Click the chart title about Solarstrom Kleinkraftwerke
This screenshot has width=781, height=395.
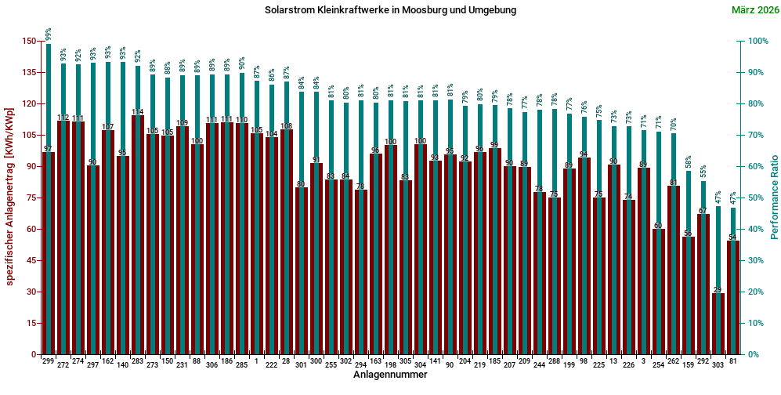390,10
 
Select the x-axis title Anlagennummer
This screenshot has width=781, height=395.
390,375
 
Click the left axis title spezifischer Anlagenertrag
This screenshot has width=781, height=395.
9,197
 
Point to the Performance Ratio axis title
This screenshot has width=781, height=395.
774,197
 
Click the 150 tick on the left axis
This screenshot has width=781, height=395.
29,41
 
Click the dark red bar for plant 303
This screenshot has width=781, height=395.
718,325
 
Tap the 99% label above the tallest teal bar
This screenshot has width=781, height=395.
49,34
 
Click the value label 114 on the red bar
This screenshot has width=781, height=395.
138,111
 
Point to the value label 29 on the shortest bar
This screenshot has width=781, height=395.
718,290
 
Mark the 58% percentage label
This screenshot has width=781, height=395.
689,162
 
